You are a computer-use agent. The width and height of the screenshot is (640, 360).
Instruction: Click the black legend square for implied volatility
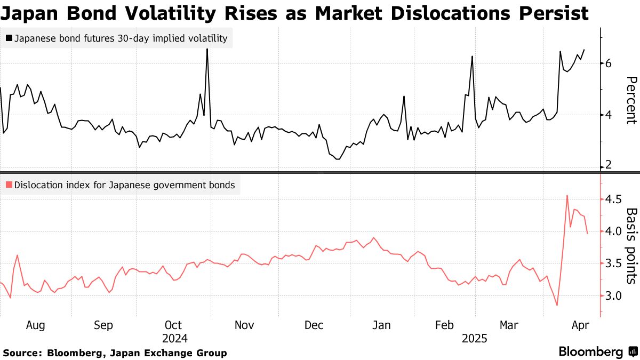[9, 38]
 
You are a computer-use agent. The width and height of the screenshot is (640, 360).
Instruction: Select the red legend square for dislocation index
[9, 186]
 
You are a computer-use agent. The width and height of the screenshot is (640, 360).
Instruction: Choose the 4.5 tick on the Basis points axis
[612, 199]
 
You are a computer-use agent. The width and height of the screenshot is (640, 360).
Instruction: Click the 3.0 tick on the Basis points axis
[612, 295]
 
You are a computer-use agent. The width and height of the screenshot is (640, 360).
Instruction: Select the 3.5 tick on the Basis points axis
[612, 263]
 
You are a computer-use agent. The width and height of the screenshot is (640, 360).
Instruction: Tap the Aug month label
[35, 325]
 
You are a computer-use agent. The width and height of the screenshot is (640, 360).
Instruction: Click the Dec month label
[314, 325]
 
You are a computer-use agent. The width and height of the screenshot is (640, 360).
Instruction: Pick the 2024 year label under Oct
[173, 338]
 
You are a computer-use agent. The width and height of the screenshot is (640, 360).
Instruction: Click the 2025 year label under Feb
[474, 338]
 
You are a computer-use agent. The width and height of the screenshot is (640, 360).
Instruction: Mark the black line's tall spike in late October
[206, 50]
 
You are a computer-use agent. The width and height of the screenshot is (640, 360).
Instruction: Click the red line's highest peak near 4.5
[566, 196]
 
